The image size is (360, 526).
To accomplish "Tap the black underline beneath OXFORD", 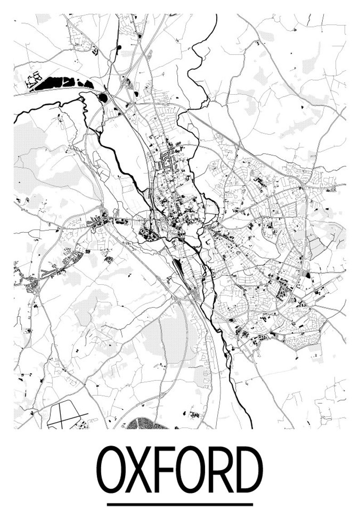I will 180,504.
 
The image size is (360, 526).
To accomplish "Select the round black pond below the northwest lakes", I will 103,97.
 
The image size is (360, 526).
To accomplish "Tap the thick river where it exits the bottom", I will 251,424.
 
